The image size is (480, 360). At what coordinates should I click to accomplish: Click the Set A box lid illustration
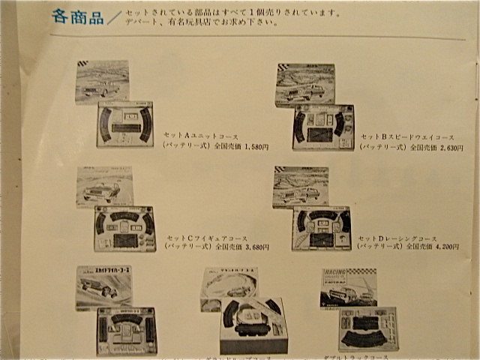coord(103,82)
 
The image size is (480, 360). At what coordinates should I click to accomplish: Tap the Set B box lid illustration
coord(304,85)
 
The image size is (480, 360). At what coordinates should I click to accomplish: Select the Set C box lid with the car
coord(104,187)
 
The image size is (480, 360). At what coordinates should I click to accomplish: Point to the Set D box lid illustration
coord(301,187)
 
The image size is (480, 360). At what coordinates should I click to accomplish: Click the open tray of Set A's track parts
coord(124,124)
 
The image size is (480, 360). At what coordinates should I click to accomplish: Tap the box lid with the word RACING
coord(349,286)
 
